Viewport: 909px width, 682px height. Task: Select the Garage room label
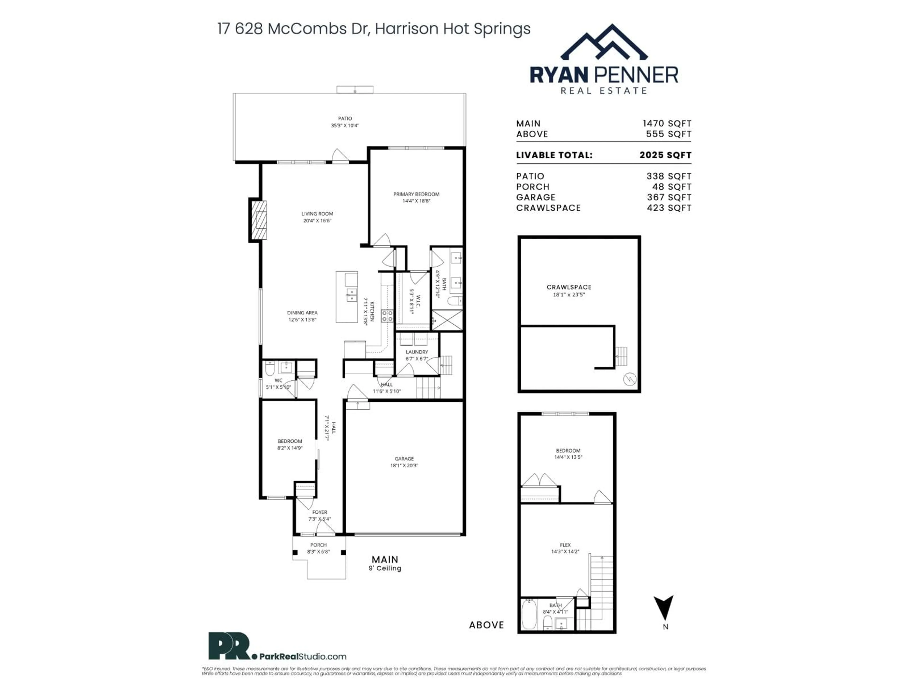[x=404, y=459]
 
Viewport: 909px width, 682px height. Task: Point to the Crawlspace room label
[x=569, y=287]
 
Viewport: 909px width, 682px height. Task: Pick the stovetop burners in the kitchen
[x=387, y=316]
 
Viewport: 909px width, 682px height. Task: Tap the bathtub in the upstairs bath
[x=529, y=614]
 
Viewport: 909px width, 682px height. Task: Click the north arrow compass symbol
[x=664, y=608]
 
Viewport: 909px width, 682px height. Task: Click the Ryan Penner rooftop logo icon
[x=604, y=43]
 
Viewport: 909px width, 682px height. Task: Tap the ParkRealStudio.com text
[x=302, y=656]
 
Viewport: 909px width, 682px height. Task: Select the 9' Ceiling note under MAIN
[x=385, y=569]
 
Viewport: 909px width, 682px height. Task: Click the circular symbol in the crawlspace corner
[x=630, y=379]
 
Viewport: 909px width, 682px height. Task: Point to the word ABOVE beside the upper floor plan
[x=486, y=625]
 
